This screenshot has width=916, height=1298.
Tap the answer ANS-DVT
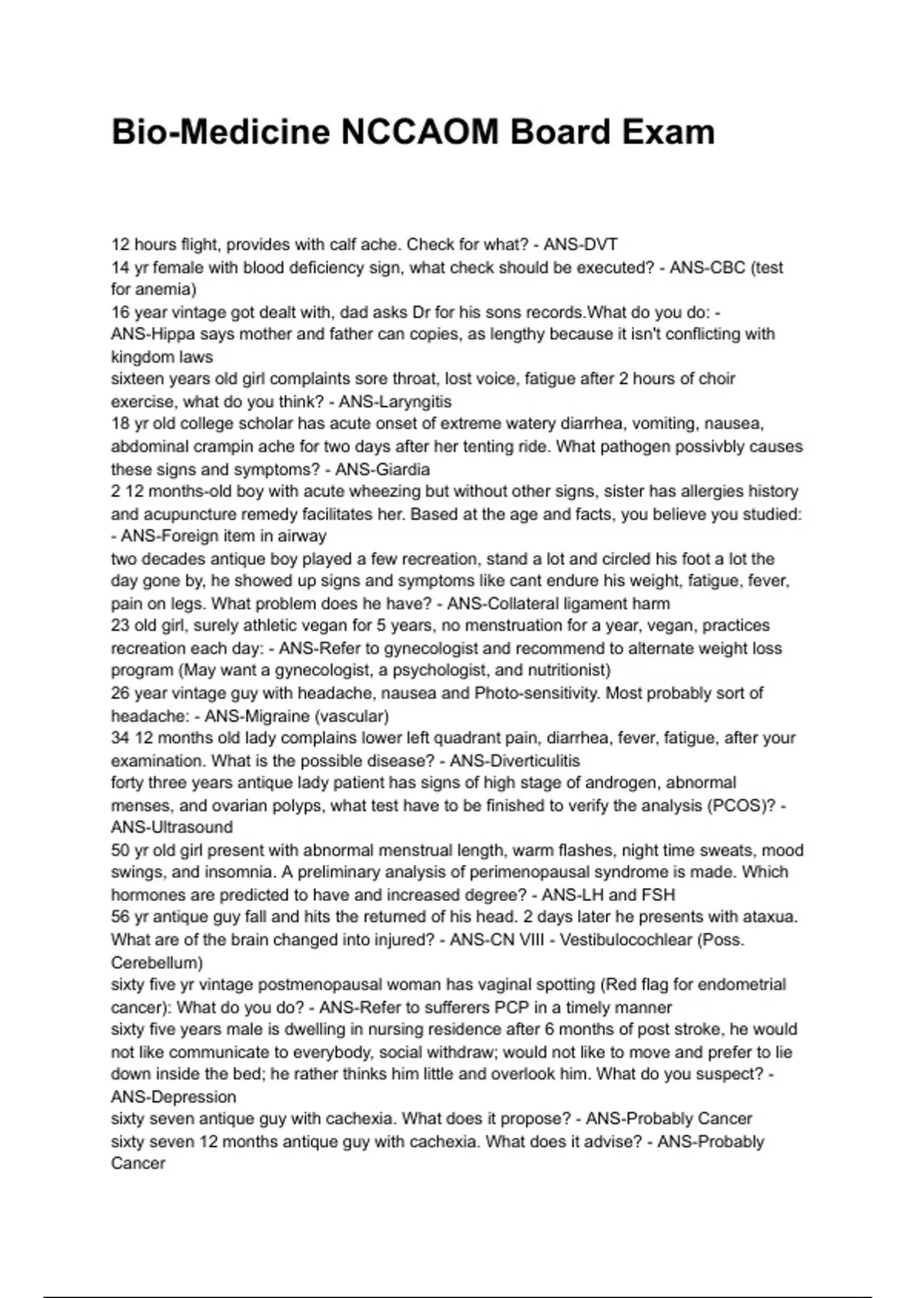point(580,245)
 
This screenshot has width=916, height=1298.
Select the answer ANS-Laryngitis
point(395,402)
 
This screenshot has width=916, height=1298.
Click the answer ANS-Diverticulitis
point(514,761)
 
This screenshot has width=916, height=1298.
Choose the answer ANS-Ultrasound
point(172,827)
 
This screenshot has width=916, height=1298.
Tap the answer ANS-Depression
point(173,1097)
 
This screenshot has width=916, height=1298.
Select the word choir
point(716,379)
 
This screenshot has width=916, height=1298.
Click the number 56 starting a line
point(121,917)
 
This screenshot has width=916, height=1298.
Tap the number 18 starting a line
point(121,424)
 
